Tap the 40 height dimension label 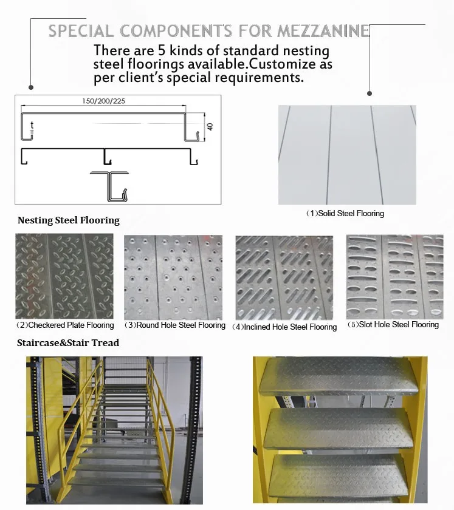tap(210, 126)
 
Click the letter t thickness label tap(32, 125)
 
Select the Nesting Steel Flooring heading tap(69, 220)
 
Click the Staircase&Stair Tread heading tap(68, 343)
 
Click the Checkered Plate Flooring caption tap(65, 325)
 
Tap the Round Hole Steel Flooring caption tap(175, 325)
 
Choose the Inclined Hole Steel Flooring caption tap(285, 327)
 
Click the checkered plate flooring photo tap(64, 276)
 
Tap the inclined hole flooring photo tap(284, 277)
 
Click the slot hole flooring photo tap(394, 277)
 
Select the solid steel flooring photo tap(347, 155)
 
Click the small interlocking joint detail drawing tap(110, 186)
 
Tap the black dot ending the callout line tap(369, 93)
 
